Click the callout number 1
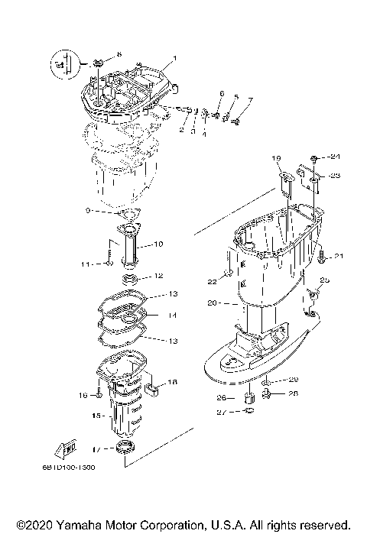tap(174, 58)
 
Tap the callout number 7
tap(248, 100)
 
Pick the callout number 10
tap(158, 244)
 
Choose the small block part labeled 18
tap(152, 390)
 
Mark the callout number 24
tap(334, 158)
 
